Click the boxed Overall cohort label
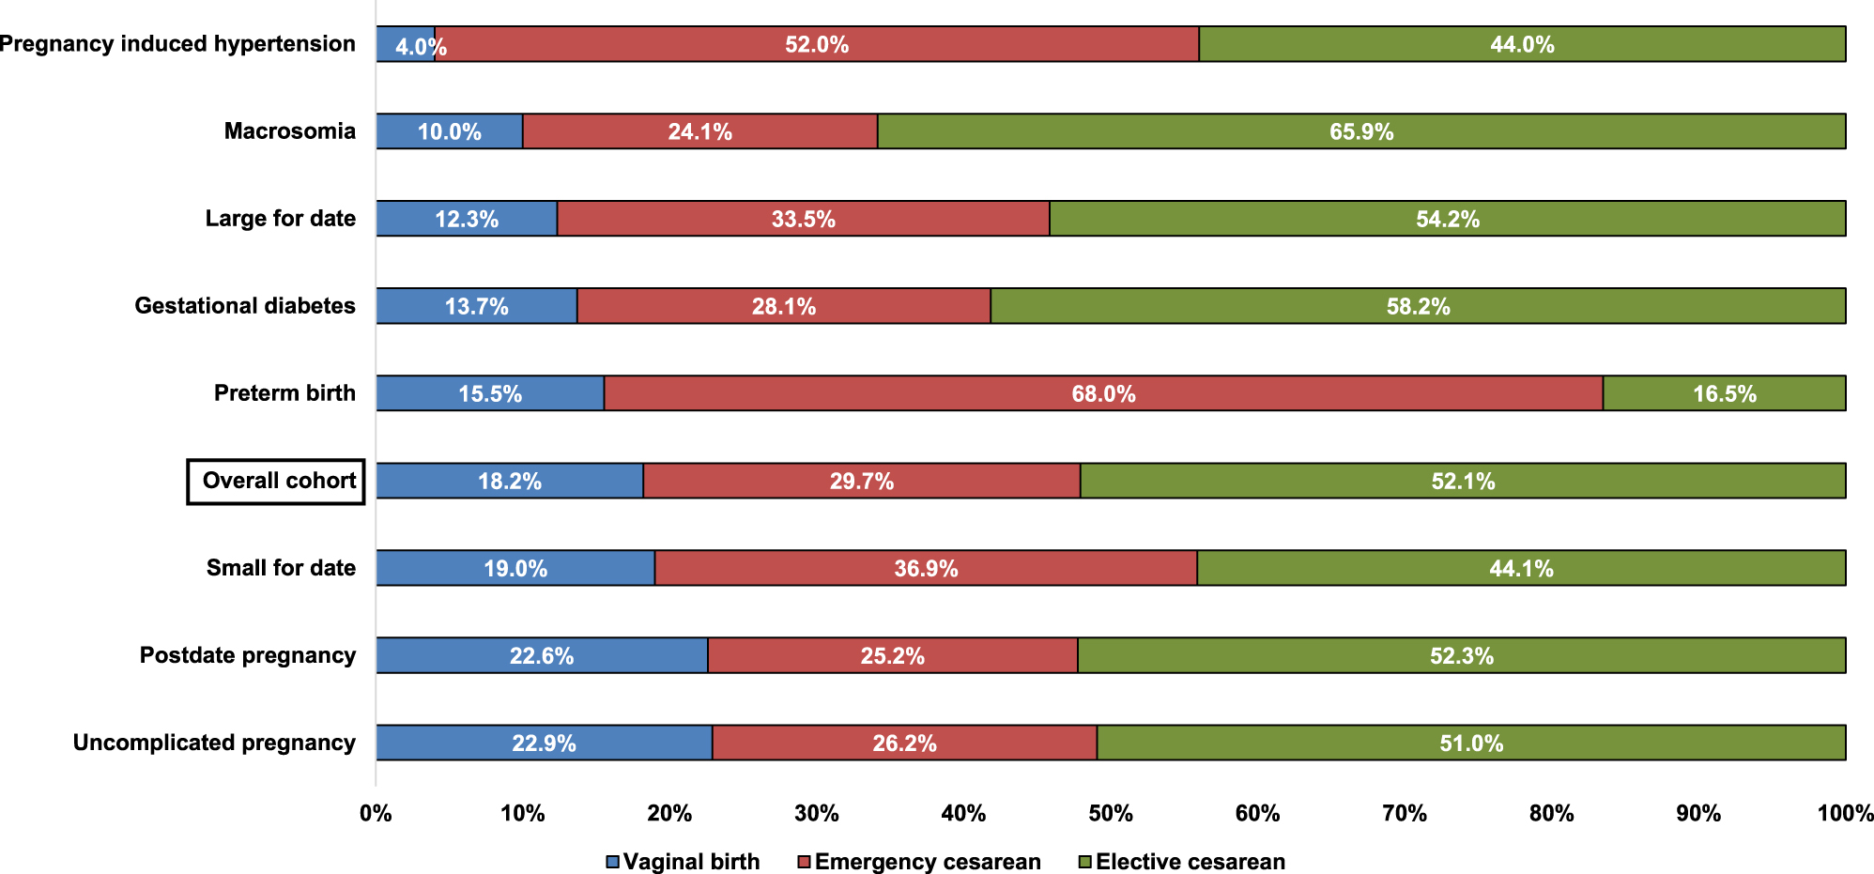pyautogui.click(x=276, y=481)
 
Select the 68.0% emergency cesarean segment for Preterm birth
pyautogui.click(x=1103, y=393)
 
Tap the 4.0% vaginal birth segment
pyautogui.click(x=406, y=44)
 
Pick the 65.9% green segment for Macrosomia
pyautogui.click(x=1361, y=131)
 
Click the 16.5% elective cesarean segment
pyautogui.click(x=1725, y=393)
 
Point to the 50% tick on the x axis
pyautogui.click(x=1111, y=813)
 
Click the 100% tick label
pyautogui.click(x=1845, y=813)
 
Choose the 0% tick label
pyautogui.click(x=376, y=813)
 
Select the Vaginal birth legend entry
pyautogui.click(x=683, y=861)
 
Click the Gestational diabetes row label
pyautogui.click(x=245, y=306)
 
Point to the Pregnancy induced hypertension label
pyautogui.click(x=177, y=44)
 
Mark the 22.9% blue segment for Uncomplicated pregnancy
pyautogui.click(x=544, y=743)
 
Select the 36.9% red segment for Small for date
pyautogui.click(x=926, y=568)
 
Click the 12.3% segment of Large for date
pyautogui.click(x=467, y=219)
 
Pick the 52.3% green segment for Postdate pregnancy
pyautogui.click(x=1462, y=655)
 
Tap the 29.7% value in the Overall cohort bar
pyautogui.click(x=861, y=481)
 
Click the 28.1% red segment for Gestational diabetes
pyautogui.click(x=784, y=306)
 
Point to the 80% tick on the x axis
pyautogui.click(x=1552, y=813)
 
